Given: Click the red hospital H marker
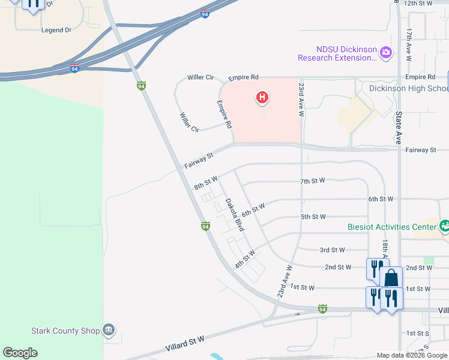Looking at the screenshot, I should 262,97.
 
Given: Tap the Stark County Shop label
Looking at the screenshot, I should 65,329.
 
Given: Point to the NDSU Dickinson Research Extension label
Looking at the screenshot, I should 337,54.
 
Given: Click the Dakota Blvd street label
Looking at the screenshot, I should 234,215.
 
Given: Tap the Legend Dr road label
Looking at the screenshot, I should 56,29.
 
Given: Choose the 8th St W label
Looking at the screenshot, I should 205,182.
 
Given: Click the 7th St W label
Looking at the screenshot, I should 312,181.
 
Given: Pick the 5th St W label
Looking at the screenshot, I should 313,217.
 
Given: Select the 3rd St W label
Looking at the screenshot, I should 333,250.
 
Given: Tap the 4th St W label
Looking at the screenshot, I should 246,259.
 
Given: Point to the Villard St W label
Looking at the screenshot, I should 185,344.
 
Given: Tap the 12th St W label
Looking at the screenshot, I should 418,4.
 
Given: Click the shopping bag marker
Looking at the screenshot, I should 391,278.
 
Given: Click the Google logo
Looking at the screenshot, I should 20,353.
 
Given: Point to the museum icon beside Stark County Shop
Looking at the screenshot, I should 109,329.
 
